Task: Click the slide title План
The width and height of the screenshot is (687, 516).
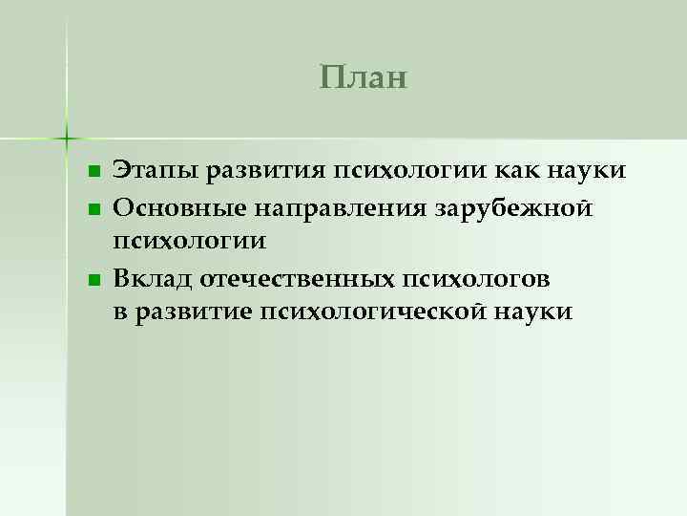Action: (x=364, y=76)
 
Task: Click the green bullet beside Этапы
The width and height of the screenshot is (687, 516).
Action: (x=93, y=173)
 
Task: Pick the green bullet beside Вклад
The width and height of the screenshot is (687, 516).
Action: (x=93, y=278)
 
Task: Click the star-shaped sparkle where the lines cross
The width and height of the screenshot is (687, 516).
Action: (x=67, y=138)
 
